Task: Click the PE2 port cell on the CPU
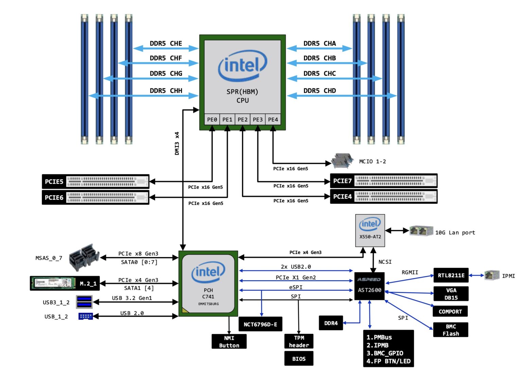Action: click(242, 120)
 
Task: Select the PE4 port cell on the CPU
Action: click(273, 120)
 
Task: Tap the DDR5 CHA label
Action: click(319, 44)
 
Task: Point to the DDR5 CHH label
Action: click(166, 91)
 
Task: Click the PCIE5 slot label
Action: click(54, 182)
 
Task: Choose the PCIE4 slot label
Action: click(342, 196)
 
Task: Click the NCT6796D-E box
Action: click(260, 324)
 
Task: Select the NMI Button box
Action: click(229, 341)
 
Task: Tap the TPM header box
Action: click(299, 341)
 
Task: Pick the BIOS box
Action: click(299, 359)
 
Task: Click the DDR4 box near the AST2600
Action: click(331, 323)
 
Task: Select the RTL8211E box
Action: click(451, 275)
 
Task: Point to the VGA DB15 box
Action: click(451, 294)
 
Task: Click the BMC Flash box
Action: click(451, 330)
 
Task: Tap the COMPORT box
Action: click(450, 311)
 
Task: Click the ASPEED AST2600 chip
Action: click(369, 286)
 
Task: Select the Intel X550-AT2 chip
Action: click(370, 230)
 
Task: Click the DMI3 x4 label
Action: click(177, 143)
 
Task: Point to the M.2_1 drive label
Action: click(88, 283)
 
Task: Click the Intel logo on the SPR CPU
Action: click(242, 65)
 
